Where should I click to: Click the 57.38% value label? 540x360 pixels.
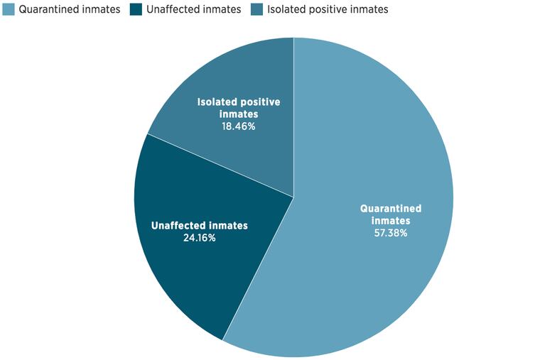click(x=391, y=232)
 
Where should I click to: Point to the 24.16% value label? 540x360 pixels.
click(x=200, y=238)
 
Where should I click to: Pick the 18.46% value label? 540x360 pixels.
click(x=239, y=126)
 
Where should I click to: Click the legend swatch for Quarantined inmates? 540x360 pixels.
click(x=9, y=10)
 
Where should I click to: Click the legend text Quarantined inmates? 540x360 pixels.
click(x=68, y=10)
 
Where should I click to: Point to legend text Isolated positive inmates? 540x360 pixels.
click(x=328, y=10)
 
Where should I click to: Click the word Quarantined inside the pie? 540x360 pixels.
click(x=391, y=209)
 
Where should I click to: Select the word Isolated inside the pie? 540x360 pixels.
click(x=217, y=102)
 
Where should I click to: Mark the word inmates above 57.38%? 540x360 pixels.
click(x=391, y=221)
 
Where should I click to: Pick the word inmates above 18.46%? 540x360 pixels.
click(x=239, y=114)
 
